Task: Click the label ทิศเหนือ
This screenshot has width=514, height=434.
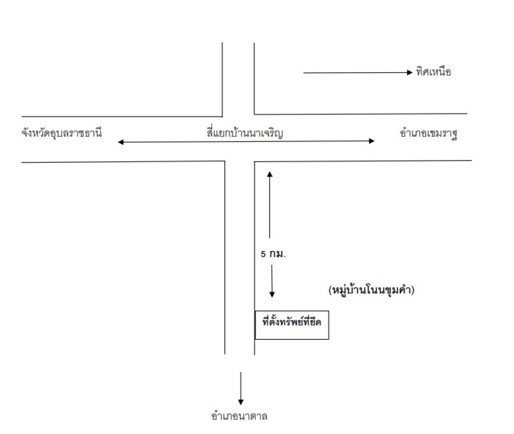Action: [434, 72]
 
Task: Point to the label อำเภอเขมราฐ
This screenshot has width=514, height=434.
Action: [427, 135]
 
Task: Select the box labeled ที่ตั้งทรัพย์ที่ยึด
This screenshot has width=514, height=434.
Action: [292, 324]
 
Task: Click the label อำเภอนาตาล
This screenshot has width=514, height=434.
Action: [240, 417]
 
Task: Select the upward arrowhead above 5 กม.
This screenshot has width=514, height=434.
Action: [269, 174]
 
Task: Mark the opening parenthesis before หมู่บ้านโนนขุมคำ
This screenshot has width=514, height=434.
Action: [330, 291]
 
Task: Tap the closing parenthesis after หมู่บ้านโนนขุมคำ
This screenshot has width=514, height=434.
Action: [413, 291]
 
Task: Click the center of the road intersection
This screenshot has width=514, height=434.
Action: [239, 138]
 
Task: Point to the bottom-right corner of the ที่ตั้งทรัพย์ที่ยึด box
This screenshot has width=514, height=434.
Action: [329, 340]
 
